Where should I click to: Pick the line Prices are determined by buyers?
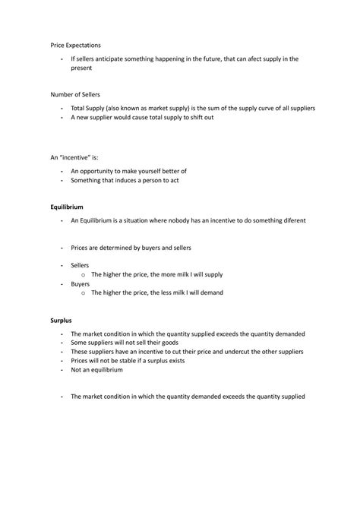tap(131, 248)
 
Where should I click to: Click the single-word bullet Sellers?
tap(80, 265)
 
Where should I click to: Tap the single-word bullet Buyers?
tap(80, 283)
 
